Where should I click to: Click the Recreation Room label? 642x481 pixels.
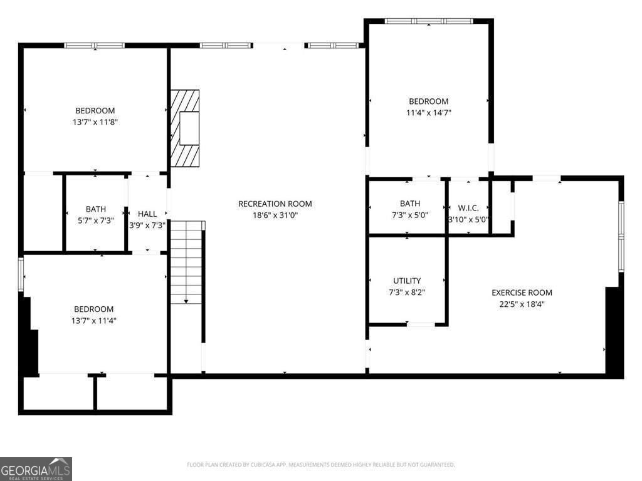point(275,204)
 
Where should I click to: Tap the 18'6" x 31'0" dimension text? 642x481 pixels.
point(275,215)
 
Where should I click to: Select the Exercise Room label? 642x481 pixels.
point(522,292)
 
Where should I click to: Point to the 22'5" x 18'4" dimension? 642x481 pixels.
point(522,304)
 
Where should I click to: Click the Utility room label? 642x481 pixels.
point(407,281)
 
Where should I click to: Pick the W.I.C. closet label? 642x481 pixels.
point(468,208)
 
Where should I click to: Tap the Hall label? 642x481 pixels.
point(147,214)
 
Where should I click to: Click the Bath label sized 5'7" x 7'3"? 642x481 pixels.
point(96,209)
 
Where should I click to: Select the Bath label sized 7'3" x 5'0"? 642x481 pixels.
point(410,204)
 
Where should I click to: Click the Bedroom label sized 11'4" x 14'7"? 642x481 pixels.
point(429,101)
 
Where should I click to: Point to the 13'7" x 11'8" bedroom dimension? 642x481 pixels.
point(95,122)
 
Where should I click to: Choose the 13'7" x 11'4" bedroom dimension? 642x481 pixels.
point(94,321)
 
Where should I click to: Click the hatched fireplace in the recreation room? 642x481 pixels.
point(185,128)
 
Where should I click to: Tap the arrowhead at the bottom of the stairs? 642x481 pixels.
point(186,301)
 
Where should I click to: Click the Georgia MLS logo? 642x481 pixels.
point(36,469)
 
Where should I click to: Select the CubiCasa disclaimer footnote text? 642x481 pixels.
point(321,465)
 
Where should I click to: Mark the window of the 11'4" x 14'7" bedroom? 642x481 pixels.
point(429,21)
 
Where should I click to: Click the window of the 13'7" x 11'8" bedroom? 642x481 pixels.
point(95,45)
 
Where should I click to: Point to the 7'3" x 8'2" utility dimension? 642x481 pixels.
point(407,292)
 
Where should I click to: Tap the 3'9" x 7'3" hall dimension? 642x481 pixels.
point(147,225)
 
